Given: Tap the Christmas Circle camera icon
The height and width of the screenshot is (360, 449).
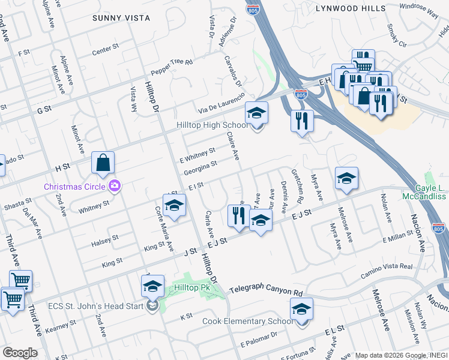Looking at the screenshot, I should pos(114,186).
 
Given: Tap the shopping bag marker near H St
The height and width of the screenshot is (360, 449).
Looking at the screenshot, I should pos(103,162).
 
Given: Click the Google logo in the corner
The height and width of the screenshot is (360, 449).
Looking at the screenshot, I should pos(20,352).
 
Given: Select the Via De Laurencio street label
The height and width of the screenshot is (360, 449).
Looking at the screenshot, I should pos(222,104).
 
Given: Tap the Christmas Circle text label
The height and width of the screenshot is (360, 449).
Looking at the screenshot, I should pos(75,186).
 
